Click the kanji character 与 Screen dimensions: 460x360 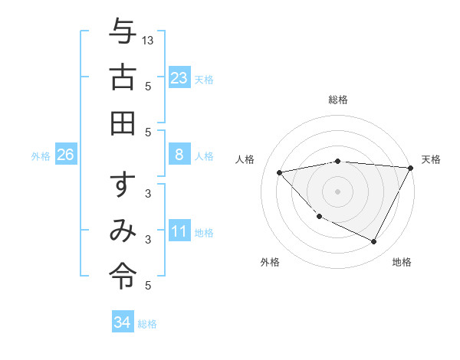(123, 32)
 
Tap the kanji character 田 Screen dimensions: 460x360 (123, 122)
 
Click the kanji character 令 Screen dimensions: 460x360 (123, 273)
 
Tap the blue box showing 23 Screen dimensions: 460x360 (179, 77)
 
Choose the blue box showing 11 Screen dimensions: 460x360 (179, 231)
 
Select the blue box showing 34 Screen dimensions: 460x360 (123, 322)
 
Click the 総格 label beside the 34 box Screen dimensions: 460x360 (147, 324)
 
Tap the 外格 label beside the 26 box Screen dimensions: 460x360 (41, 156)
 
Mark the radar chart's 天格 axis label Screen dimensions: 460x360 (431, 159)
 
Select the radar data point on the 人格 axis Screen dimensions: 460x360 (280, 172)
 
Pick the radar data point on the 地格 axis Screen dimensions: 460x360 (373, 242)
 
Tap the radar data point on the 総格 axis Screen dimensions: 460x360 (338, 161)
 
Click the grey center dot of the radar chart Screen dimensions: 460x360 (338, 191)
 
